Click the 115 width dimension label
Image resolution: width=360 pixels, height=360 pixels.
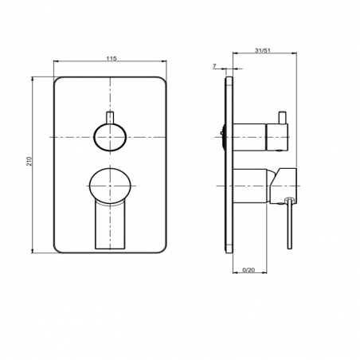[x=112, y=58]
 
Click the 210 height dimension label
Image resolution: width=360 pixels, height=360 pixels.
[x=29, y=162]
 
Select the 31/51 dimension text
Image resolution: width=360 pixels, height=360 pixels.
[x=263, y=50]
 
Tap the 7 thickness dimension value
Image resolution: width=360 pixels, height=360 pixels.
[x=214, y=65]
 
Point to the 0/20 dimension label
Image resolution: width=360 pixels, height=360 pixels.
[x=248, y=270]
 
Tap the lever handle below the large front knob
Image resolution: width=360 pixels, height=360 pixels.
[x=110, y=225]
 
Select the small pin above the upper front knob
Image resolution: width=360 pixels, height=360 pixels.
[x=110, y=117]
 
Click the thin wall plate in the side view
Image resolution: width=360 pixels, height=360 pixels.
[x=229, y=165]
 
